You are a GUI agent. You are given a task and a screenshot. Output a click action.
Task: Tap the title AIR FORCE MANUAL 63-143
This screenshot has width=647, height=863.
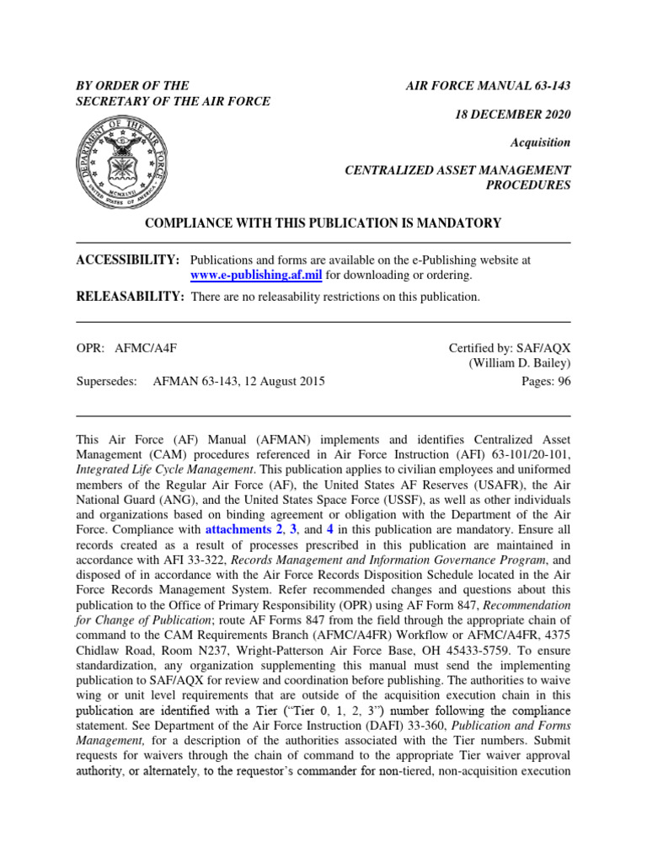[x=489, y=86]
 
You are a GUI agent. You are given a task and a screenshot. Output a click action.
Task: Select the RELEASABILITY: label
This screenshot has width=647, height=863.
[x=130, y=297]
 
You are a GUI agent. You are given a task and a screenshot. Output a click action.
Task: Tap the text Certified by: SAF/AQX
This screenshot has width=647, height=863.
[x=510, y=347]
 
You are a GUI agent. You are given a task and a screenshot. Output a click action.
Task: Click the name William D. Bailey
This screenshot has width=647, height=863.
[x=520, y=364]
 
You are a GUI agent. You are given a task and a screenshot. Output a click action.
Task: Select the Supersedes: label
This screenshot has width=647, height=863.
[x=106, y=381]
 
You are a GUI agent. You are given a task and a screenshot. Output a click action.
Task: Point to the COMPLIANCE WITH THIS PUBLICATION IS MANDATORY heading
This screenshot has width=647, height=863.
[x=323, y=223]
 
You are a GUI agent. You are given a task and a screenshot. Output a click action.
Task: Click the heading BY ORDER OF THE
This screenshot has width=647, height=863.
[x=132, y=86]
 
